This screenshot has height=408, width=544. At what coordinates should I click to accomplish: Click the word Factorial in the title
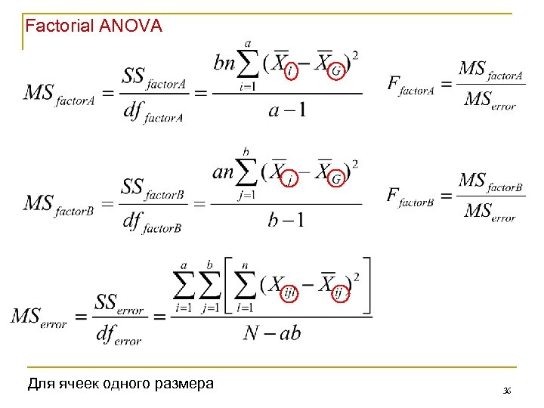point(60,26)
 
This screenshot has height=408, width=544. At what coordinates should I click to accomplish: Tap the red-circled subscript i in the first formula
point(291,71)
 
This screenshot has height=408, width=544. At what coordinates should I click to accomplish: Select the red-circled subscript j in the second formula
point(291,179)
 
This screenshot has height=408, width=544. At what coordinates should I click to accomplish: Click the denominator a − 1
point(287,110)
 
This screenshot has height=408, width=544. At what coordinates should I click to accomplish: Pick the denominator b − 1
point(286,220)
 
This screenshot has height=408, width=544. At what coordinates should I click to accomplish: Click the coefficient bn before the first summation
point(224,63)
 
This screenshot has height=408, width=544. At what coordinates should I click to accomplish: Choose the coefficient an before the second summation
point(224,172)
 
